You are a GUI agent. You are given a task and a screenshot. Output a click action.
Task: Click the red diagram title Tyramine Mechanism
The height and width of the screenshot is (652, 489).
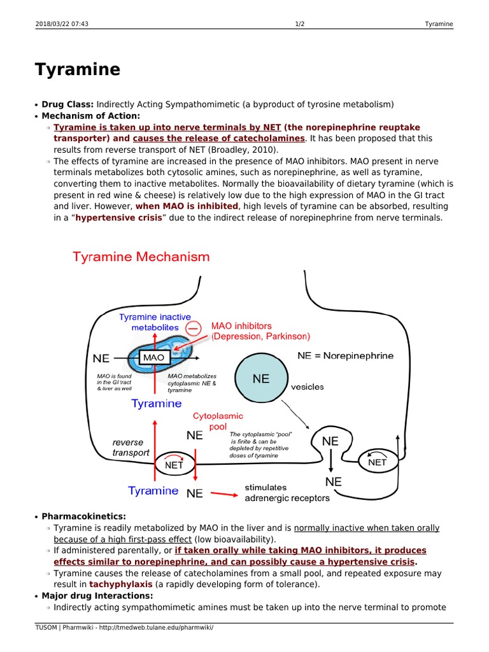[141, 257]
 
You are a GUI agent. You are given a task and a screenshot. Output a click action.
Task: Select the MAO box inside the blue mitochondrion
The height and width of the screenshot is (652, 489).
[153, 358]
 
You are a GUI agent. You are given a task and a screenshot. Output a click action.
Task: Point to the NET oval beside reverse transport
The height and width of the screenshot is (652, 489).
[174, 464]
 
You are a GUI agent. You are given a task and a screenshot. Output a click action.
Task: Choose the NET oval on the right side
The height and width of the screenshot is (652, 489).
[377, 462]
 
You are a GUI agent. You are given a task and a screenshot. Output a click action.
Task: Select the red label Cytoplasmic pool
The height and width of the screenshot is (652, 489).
[218, 421]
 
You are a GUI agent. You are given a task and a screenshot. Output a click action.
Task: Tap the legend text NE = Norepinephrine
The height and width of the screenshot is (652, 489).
[345, 356]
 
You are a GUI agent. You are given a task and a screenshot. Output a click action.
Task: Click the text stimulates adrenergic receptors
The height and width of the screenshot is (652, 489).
[287, 493]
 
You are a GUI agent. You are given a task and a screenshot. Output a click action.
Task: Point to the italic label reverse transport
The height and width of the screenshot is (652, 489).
[131, 448]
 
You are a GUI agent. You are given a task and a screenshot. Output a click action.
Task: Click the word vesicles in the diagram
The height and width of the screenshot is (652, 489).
[308, 386]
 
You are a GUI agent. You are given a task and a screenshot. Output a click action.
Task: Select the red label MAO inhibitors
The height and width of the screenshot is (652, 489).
[245, 326]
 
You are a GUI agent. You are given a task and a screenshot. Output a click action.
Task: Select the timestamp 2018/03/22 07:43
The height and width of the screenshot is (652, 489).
[61, 24]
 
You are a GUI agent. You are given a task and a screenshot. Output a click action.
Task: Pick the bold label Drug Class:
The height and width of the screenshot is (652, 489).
[67, 104]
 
